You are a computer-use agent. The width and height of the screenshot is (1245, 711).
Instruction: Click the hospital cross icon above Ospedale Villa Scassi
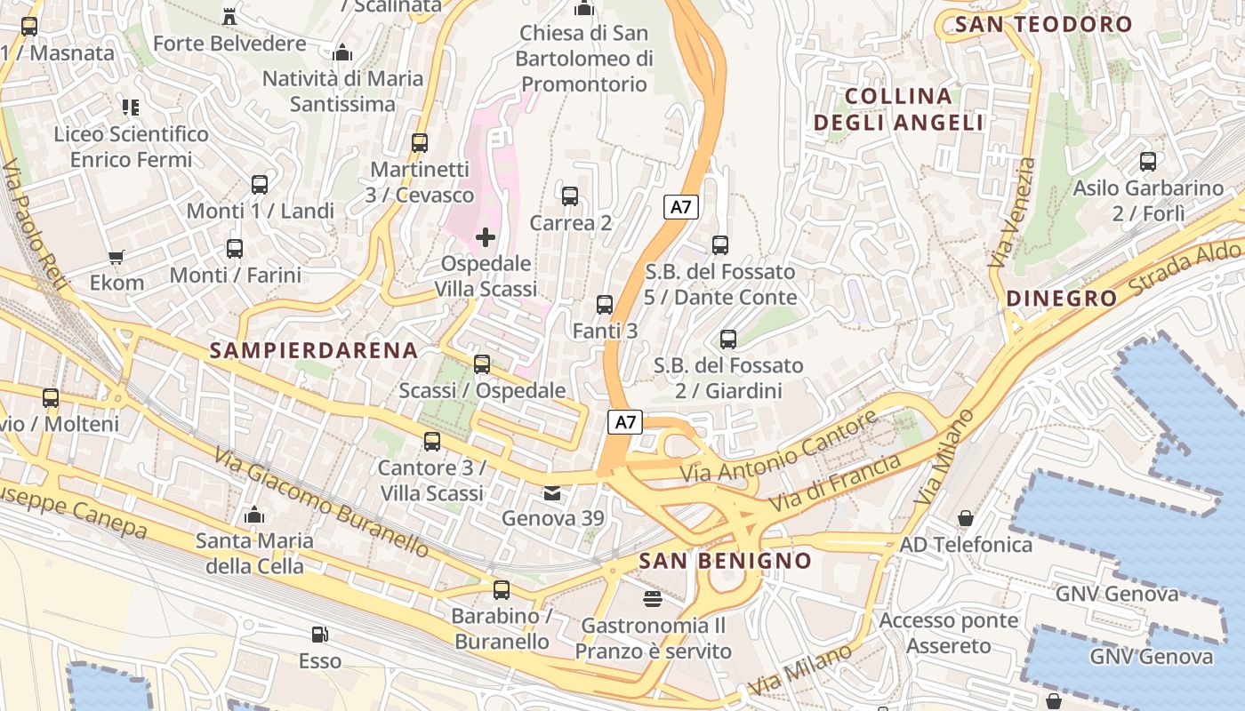pyautogui.click(x=486, y=237)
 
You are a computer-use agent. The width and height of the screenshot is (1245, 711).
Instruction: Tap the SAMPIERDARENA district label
pyautogui.click(x=314, y=350)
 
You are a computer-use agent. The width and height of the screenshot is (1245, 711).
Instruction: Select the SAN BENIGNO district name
pyautogui.click(x=725, y=561)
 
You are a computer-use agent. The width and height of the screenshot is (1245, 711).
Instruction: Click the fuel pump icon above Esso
pyautogui.click(x=319, y=635)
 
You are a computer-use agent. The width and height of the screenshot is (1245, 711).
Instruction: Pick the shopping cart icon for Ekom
pyautogui.click(x=116, y=258)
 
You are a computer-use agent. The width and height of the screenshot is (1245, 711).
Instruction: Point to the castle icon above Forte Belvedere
pyautogui.click(x=229, y=16)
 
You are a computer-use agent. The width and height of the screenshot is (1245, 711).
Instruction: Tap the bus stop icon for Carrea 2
pyautogui.click(x=570, y=196)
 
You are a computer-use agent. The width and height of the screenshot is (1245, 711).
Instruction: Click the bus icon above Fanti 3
pyautogui.click(x=605, y=305)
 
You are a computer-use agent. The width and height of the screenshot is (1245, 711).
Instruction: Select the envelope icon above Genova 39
pyautogui.click(x=552, y=492)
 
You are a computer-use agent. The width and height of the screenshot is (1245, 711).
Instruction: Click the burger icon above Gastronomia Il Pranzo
pyautogui.click(x=653, y=599)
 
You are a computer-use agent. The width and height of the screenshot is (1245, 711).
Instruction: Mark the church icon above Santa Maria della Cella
pyautogui.click(x=254, y=515)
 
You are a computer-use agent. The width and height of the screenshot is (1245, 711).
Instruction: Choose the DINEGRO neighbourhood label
pyautogui.click(x=1061, y=299)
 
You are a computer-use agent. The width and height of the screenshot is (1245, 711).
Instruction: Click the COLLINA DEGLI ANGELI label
pyautogui.click(x=899, y=109)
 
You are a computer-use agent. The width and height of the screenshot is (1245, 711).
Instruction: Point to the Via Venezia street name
pyautogui.click(x=1012, y=213)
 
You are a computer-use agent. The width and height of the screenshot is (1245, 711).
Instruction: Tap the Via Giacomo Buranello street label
pyautogui.click(x=321, y=502)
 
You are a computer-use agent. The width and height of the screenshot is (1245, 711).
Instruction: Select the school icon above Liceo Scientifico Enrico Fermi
pyautogui.click(x=131, y=108)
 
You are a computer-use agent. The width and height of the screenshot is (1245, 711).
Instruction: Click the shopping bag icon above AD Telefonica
pyautogui.click(x=966, y=518)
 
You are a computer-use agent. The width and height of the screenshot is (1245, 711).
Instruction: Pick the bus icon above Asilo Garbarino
pyautogui.click(x=1148, y=162)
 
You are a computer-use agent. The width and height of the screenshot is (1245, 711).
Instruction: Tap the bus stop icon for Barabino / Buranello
pyautogui.click(x=502, y=590)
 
